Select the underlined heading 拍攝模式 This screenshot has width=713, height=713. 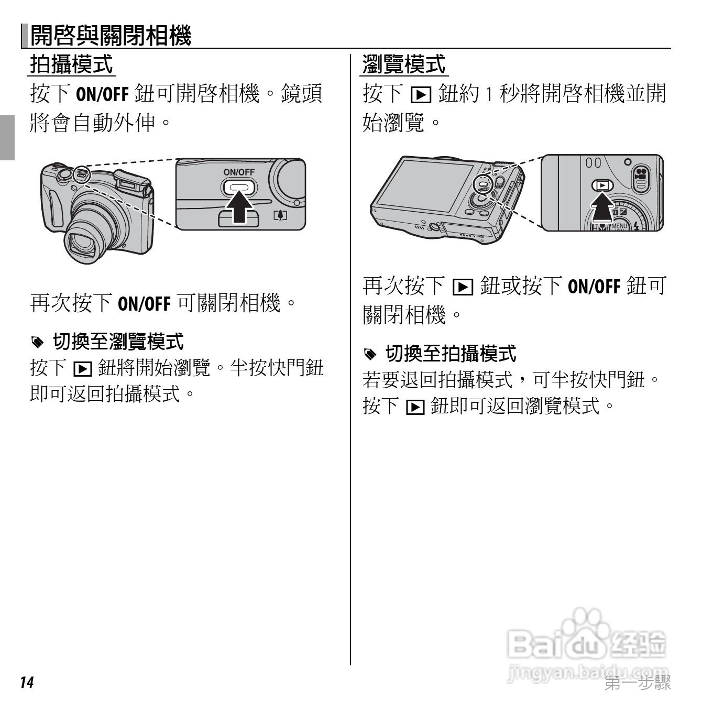pyautogui.click(x=72, y=64)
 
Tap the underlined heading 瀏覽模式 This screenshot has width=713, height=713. pyautogui.click(x=404, y=64)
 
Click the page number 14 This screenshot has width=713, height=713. pyautogui.click(x=27, y=682)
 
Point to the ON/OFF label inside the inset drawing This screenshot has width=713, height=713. pyautogui.click(x=239, y=172)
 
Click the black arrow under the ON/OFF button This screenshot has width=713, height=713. pyautogui.click(x=239, y=207)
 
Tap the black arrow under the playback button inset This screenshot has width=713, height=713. pyautogui.click(x=602, y=210)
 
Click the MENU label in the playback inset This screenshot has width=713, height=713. pyautogui.click(x=618, y=226)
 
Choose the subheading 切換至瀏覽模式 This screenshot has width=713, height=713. pyautogui.click(x=118, y=342)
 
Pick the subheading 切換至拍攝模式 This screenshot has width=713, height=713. pyautogui.click(x=451, y=354)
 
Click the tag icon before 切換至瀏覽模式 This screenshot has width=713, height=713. pyautogui.click(x=37, y=343)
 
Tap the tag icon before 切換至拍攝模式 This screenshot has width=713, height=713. pyautogui.click(x=370, y=355)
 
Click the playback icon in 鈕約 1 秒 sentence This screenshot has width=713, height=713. pyautogui.click(x=421, y=95)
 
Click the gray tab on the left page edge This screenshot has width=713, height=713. pyautogui.click(x=7, y=137)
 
